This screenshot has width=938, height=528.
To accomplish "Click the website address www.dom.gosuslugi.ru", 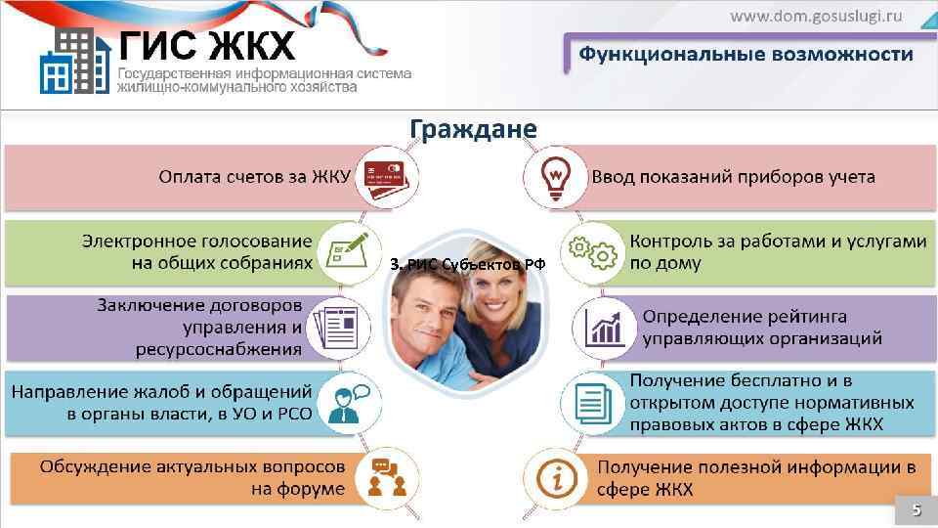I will pyautogui.click(x=817, y=16).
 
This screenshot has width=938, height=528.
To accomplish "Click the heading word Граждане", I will pyautogui.click(x=472, y=129).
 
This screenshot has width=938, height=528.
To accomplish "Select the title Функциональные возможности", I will pyautogui.click(x=746, y=54).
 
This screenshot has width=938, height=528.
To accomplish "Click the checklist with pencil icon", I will pyautogui.click(x=350, y=251).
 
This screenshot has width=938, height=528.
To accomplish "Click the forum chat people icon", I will pyautogui.click(x=388, y=476).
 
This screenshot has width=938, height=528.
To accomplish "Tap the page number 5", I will pyautogui.click(x=917, y=509).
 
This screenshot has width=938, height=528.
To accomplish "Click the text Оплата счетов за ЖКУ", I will pyautogui.click(x=254, y=177).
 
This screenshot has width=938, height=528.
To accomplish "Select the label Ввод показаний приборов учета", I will pyautogui.click(x=733, y=177).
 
